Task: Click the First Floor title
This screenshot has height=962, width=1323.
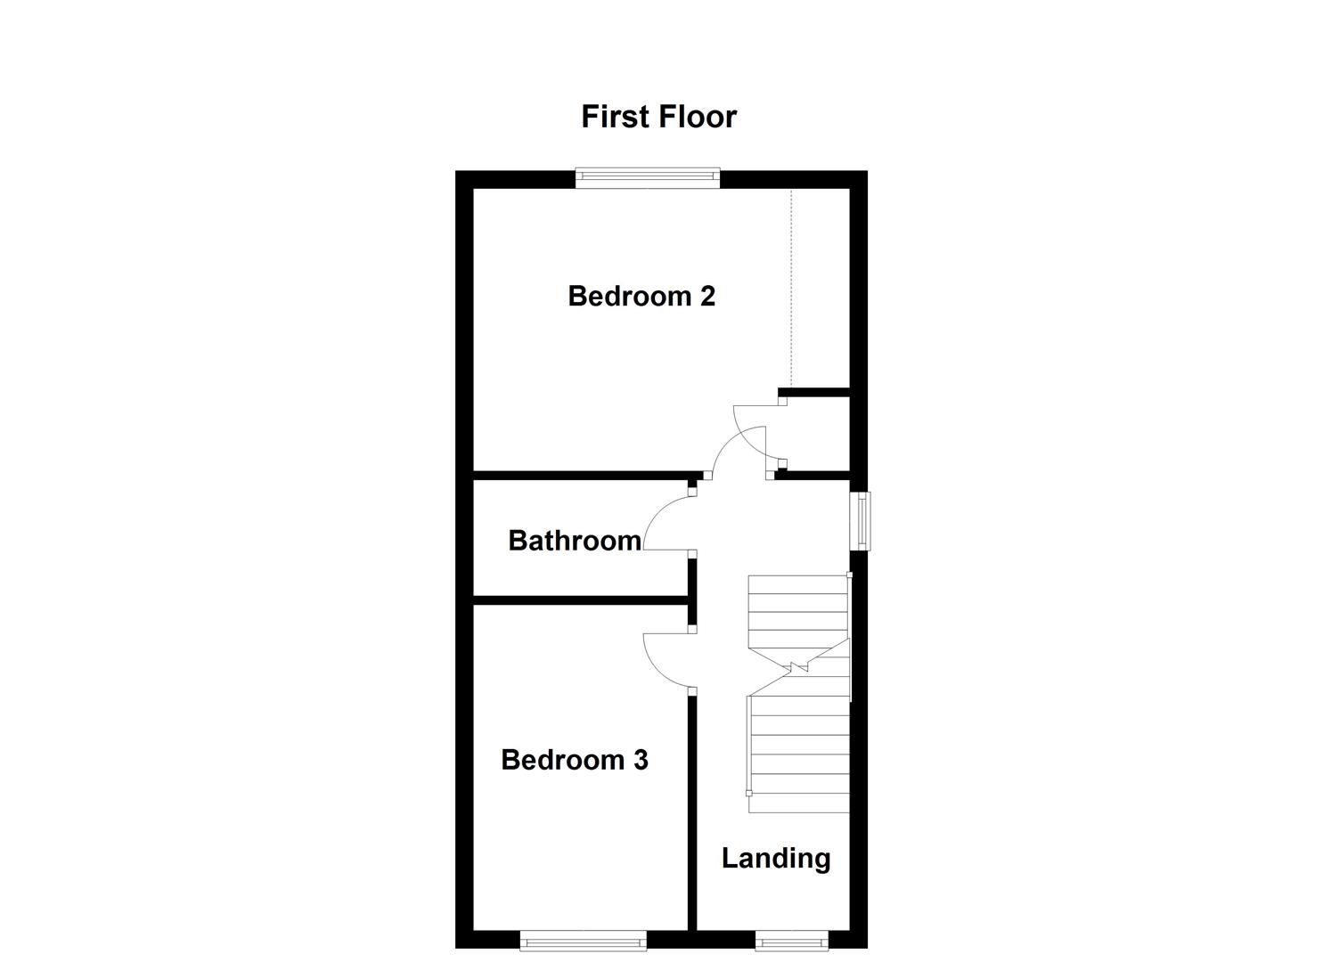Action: click(658, 117)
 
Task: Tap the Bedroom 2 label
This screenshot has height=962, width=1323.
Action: click(641, 296)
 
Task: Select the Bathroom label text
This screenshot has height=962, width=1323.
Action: click(574, 540)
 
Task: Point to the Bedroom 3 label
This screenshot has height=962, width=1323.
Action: click(574, 759)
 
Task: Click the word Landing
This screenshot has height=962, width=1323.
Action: click(775, 858)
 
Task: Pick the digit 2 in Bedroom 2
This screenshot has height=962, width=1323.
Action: click(707, 296)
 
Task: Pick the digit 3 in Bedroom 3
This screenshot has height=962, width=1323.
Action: click(641, 759)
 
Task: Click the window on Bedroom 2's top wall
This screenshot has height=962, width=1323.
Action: click(647, 178)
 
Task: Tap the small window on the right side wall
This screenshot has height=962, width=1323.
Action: click(862, 520)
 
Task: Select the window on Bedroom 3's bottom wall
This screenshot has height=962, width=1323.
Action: click(583, 939)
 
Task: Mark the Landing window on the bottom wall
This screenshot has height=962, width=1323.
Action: click(791, 939)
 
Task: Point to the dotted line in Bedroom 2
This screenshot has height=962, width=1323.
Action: click(791, 285)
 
